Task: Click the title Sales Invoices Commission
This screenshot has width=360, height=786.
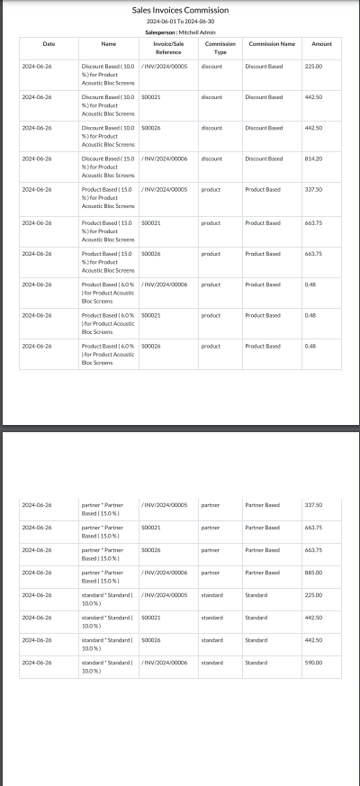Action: [x=180, y=10]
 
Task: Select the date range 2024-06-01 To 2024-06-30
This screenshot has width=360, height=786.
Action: [x=180, y=21]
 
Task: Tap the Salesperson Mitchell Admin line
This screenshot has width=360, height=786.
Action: [x=180, y=31]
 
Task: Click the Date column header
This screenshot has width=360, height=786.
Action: [x=49, y=43]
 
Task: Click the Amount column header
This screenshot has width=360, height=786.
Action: [x=321, y=43]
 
